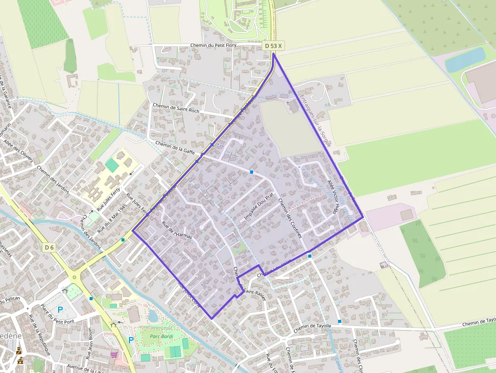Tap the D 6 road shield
[x=49, y=247]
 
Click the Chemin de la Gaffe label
[x=175, y=147]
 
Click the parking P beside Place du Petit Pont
[x=60, y=310]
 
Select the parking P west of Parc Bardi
[x=131, y=340]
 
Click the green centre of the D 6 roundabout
[x=74, y=277]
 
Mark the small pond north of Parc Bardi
[x=153, y=315]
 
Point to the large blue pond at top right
[x=465, y=59]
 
